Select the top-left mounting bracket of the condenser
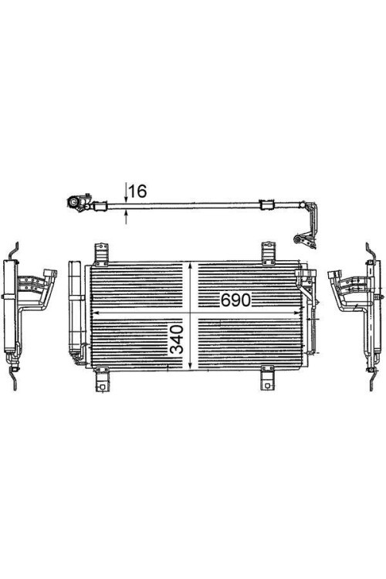pos(100,252)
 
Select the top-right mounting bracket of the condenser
pos(268,252)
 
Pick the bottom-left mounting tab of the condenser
pos(100,382)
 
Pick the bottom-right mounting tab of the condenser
pos(268,381)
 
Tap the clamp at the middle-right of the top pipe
pos(267,205)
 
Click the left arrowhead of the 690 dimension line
pos(96,312)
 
